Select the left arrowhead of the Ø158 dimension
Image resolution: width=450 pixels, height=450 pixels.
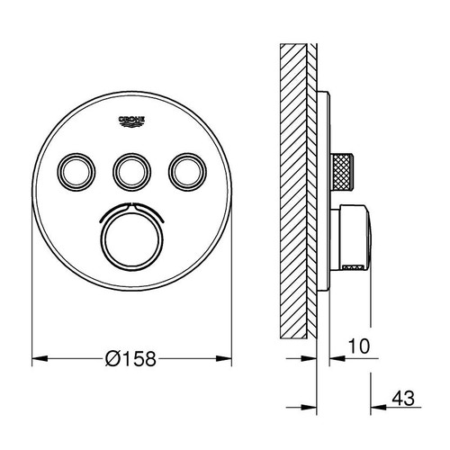tap(38, 359)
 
